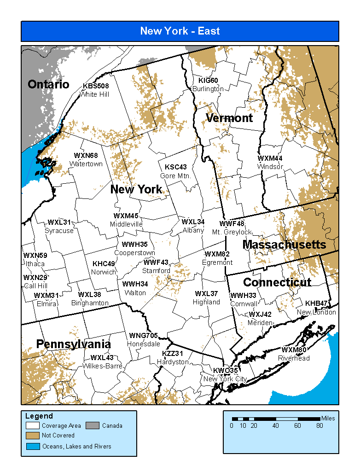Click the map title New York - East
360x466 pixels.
(x=180, y=31)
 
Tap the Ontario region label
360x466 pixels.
(x=48, y=84)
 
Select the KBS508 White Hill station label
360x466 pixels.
(x=96, y=90)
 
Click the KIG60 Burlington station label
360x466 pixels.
(x=208, y=85)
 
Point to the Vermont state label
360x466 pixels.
(x=229, y=118)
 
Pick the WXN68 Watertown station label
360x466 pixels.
(x=86, y=160)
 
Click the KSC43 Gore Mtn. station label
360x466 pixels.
(x=175, y=171)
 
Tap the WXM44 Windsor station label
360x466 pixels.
(x=270, y=163)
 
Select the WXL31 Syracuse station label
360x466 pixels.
(x=59, y=227)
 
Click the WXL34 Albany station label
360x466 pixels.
(x=193, y=226)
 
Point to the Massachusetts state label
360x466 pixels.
(x=284, y=245)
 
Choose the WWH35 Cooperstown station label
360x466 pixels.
(x=134, y=249)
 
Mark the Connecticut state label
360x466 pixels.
(x=277, y=282)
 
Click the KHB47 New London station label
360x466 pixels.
(x=316, y=308)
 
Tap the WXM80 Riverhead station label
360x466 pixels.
(x=294, y=354)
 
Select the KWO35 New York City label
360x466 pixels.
(x=225, y=375)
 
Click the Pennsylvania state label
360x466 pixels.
(x=73, y=344)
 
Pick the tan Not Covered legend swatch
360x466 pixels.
(x=33, y=436)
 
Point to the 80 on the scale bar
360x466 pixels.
(x=319, y=425)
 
